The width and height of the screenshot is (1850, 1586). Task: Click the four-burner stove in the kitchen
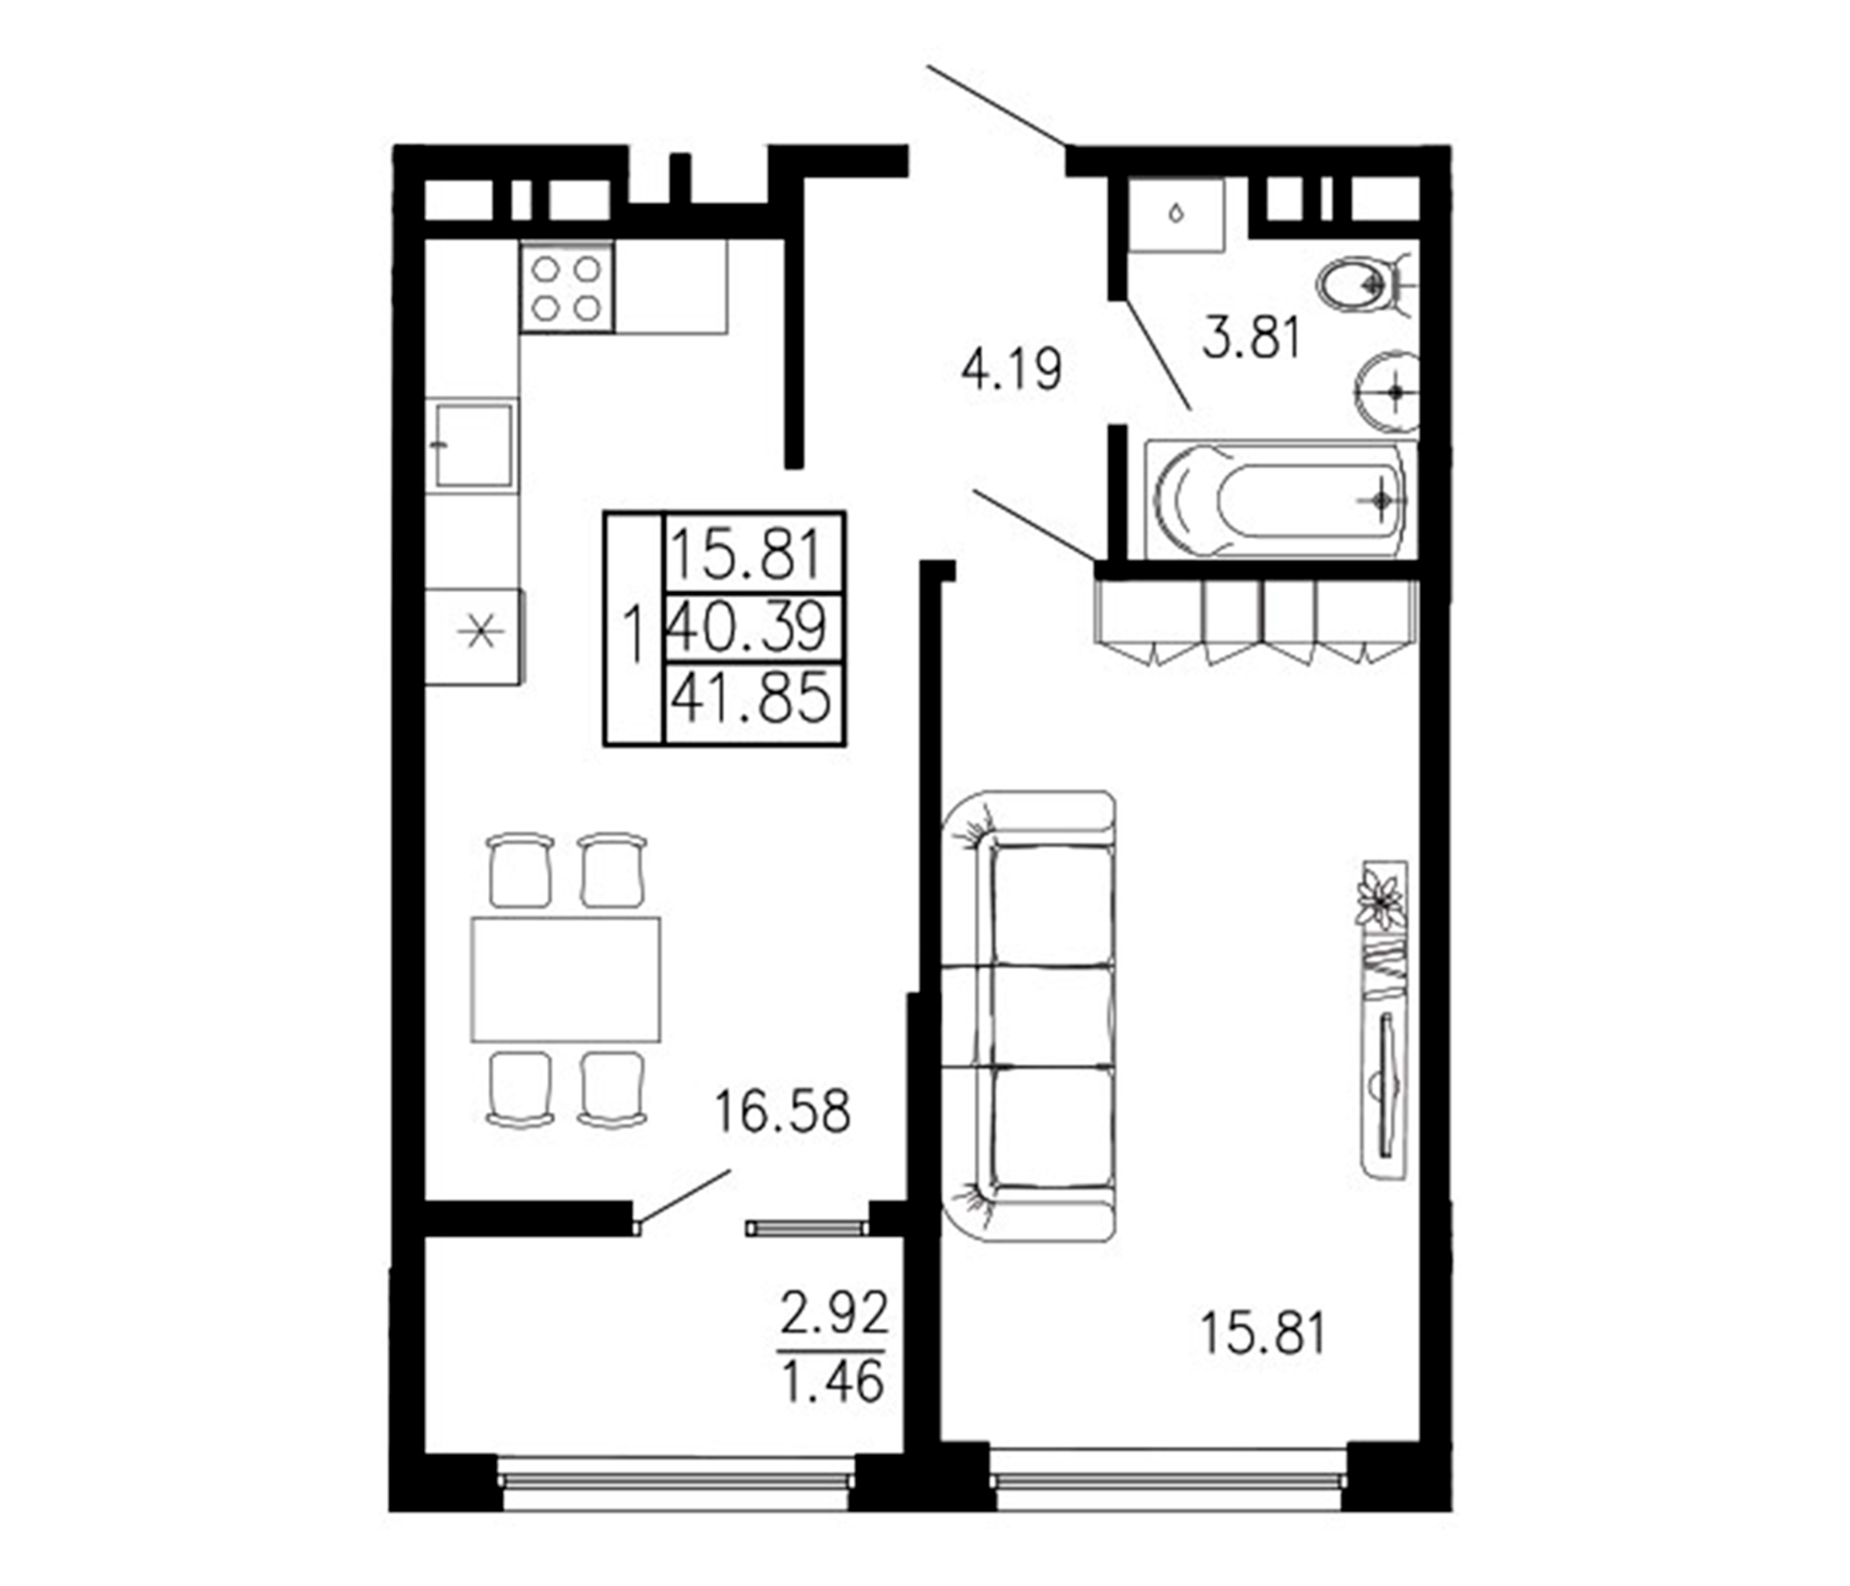pos(566,287)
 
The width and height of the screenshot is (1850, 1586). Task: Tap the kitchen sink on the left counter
pos(473,444)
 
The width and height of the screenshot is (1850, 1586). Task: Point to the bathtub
pos(1280,501)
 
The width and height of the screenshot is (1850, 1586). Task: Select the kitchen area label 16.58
pos(782,1112)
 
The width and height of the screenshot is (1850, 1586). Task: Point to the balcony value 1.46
pos(832,1382)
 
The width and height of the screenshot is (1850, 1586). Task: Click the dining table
pos(566,979)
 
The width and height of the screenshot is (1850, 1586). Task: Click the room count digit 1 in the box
pos(634,636)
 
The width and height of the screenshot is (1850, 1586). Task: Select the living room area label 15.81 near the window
pos(1262,1358)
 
